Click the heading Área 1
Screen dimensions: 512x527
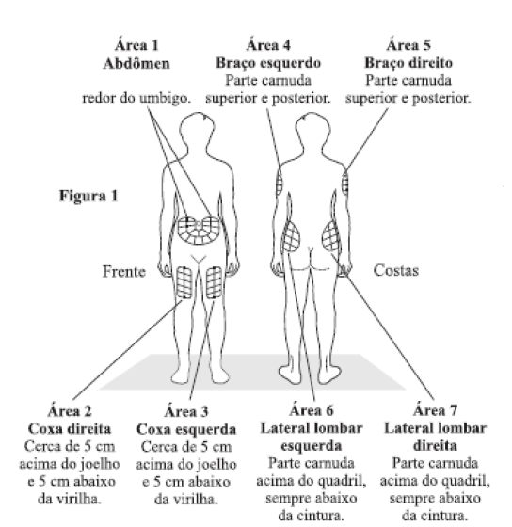click(136, 45)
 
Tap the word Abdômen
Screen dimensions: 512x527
click(136, 63)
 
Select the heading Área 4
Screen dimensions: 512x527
click(268, 45)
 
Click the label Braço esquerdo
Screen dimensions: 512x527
click(268, 63)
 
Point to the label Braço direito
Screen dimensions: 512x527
click(408, 63)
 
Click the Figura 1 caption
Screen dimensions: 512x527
click(88, 196)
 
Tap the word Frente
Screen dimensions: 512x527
click(124, 272)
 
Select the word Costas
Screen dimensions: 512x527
click(396, 271)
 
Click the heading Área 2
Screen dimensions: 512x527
click(70, 411)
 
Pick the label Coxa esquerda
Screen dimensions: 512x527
click(186, 429)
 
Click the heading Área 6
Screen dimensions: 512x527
click(312, 410)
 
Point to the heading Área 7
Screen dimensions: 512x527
click(435, 410)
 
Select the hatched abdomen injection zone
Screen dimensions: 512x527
click(199, 231)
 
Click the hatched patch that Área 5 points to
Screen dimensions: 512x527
click(344, 184)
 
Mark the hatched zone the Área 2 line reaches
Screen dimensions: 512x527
click(184, 282)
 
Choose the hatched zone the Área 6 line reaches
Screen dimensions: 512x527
click(291, 237)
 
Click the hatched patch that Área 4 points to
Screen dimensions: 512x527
click(280, 182)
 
